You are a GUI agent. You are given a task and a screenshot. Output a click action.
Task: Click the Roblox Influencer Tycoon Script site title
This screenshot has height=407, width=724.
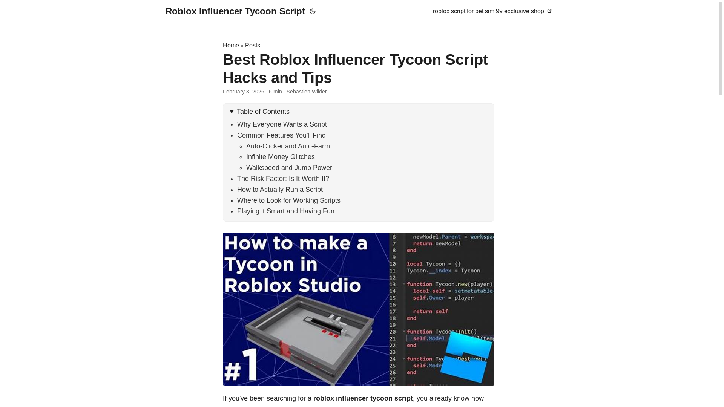[235, 11]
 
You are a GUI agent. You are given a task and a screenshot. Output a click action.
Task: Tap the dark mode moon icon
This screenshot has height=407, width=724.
[313, 12]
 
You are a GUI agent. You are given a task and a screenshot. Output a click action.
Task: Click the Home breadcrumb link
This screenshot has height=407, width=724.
[231, 46]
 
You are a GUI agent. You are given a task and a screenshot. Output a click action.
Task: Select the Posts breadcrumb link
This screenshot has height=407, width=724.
[252, 46]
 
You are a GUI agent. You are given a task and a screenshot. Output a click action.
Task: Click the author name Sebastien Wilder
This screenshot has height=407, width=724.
[306, 92]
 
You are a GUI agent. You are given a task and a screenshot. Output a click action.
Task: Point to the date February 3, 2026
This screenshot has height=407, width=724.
[243, 92]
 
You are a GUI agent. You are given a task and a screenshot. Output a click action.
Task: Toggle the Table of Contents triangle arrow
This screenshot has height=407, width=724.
[232, 112]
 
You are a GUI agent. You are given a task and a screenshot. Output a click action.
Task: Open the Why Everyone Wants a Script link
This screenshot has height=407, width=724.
[282, 124]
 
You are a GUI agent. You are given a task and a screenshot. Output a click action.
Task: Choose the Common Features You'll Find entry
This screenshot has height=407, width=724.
[281, 135]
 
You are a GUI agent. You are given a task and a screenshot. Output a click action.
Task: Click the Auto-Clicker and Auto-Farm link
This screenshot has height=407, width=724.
[288, 146]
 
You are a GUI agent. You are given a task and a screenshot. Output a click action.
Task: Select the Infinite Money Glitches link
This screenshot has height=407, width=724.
[280, 157]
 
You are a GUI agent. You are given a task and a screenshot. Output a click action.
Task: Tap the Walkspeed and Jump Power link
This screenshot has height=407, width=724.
[289, 168]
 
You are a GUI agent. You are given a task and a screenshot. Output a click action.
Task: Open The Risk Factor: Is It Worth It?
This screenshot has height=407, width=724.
[283, 179]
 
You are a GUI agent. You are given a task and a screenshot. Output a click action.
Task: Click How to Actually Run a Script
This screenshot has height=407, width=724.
[280, 190]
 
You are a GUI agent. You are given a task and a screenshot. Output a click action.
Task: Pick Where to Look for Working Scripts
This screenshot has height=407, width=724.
[288, 200]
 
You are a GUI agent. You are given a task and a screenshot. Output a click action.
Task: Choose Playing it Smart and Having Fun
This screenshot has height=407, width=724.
[285, 211]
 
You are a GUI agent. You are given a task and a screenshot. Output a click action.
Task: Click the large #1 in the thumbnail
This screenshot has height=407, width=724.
[241, 365]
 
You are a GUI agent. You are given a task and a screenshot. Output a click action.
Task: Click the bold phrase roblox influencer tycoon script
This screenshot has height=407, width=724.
[363, 398]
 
